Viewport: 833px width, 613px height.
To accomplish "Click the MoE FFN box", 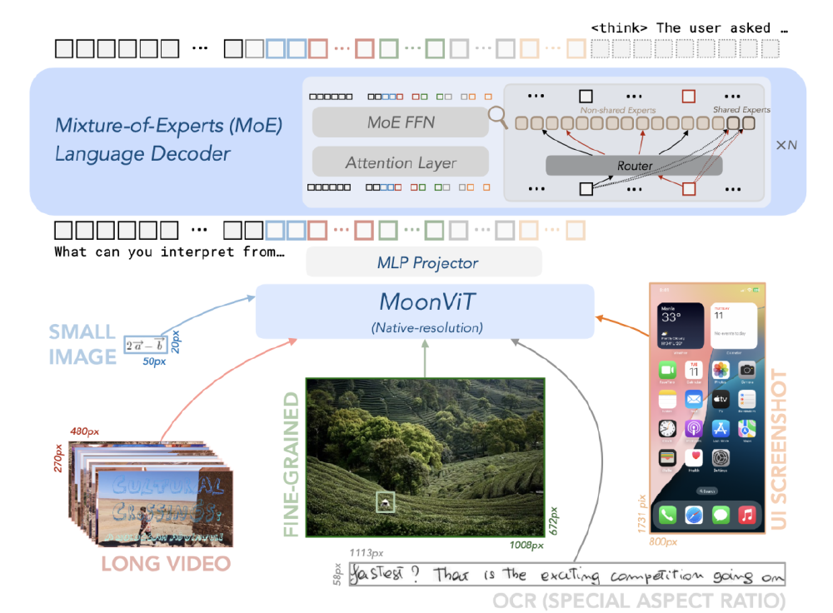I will click(401, 122).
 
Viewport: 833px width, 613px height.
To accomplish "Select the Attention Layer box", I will click(401, 162).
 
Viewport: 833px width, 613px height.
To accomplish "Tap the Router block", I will click(635, 166).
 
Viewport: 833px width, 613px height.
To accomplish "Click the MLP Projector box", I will click(423, 262).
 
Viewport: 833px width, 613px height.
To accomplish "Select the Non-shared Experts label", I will click(617, 109).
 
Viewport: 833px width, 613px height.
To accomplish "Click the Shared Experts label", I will click(741, 109).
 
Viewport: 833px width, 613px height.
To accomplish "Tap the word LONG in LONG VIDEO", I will click(131, 564).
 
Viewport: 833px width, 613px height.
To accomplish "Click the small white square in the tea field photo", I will click(385, 501).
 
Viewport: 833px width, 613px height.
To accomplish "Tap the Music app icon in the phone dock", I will click(746, 516).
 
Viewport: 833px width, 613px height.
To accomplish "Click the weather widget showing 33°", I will click(679, 321).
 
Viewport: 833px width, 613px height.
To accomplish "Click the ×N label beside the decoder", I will click(786, 145).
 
